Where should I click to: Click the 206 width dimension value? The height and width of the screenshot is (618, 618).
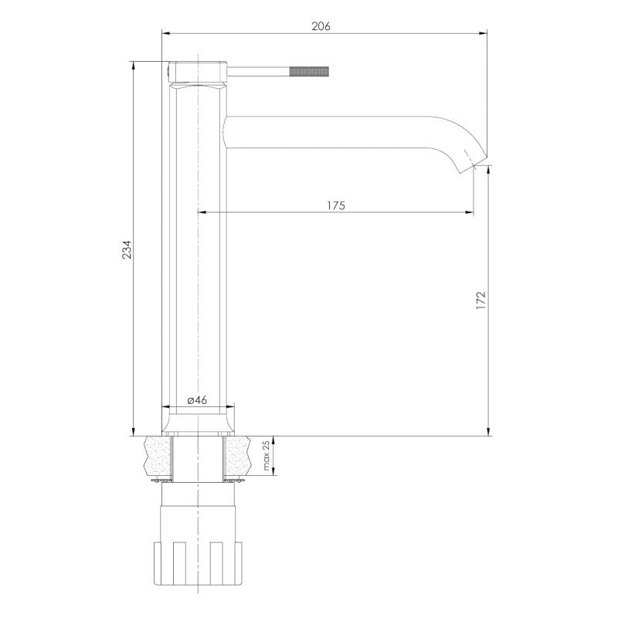(x=321, y=26)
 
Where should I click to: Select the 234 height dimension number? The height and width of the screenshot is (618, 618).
(x=127, y=249)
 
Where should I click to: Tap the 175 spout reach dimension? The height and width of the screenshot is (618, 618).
(x=336, y=205)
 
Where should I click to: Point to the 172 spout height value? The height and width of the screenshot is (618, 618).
(x=481, y=301)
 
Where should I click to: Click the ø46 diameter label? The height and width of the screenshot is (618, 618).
(x=197, y=400)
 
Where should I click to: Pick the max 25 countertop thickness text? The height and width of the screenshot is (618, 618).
(x=267, y=456)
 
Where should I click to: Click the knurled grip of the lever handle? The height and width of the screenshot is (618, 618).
(x=308, y=72)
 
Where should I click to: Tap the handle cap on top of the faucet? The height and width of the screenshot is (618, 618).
(x=198, y=72)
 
